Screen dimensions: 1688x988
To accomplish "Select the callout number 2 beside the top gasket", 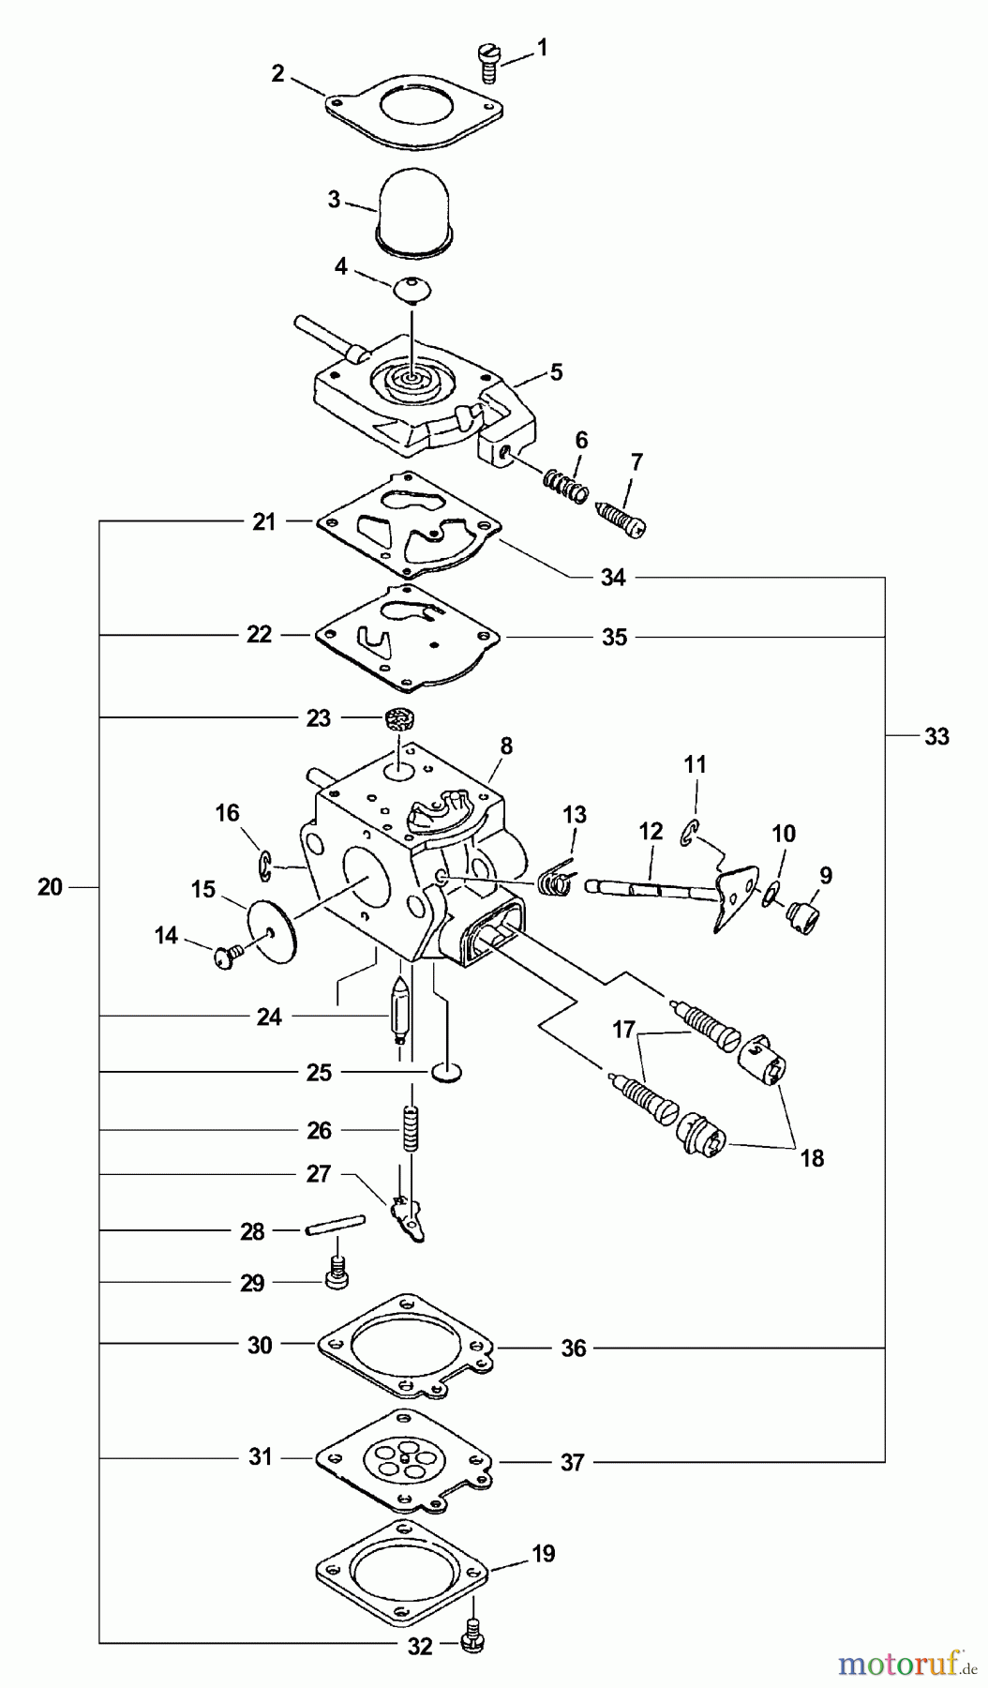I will (277, 74).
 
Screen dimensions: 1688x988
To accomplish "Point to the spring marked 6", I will (566, 485).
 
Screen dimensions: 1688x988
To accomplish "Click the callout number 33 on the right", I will (936, 736).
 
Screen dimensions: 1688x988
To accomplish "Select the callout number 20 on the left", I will (50, 886).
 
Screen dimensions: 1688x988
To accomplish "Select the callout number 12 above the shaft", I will (651, 832).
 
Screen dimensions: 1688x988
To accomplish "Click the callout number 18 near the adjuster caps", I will (812, 1157).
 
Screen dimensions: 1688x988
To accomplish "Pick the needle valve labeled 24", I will (399, 1012).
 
